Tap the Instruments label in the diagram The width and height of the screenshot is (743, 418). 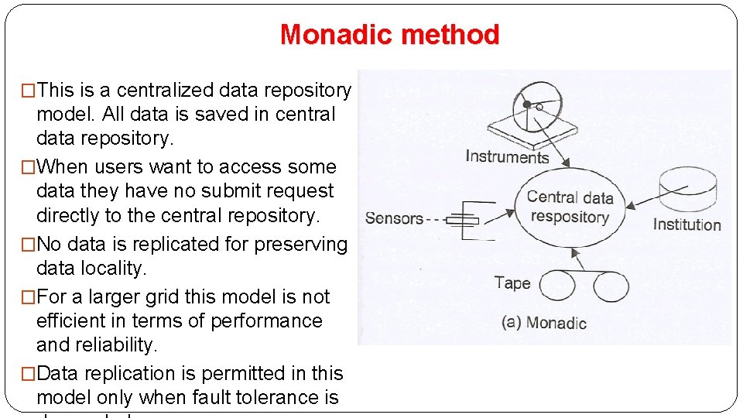507,157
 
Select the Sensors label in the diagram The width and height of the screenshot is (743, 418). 394,219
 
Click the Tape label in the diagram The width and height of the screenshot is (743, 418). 512,283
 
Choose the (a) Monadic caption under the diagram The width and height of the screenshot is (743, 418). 544,323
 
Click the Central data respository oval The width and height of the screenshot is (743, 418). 570,207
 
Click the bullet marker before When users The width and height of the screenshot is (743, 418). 29,167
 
